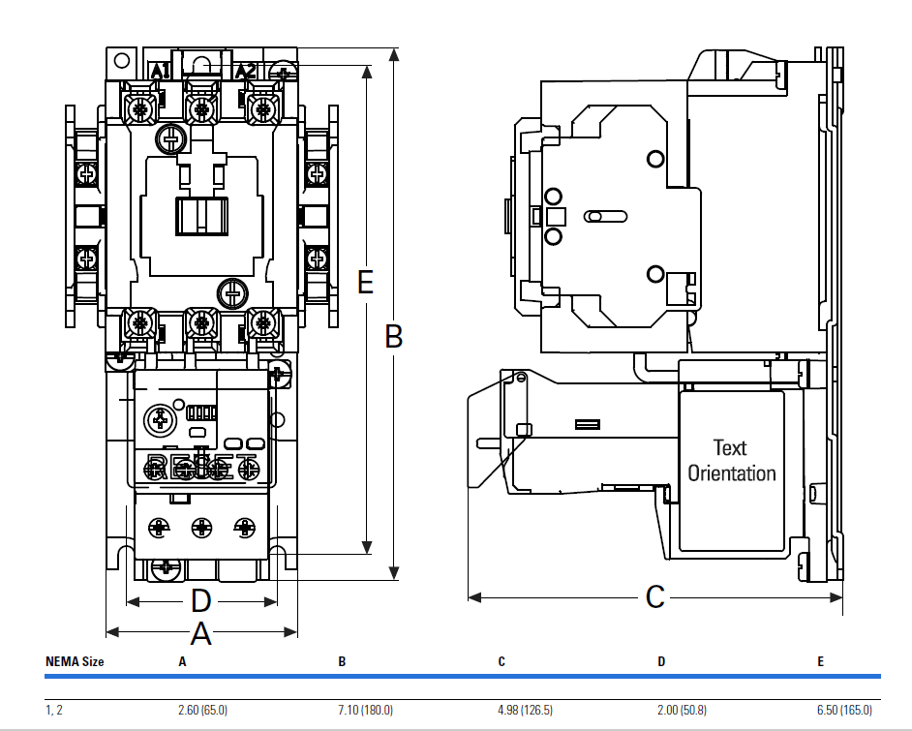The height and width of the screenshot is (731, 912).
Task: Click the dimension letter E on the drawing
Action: click(x=365, y=282)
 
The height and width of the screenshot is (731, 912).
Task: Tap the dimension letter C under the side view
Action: click(x=655, y=596)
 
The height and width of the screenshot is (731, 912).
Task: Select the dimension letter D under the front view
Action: click(x=199, y=601)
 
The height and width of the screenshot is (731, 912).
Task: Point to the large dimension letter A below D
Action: click(x=200, y=634)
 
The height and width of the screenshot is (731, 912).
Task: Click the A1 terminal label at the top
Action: click(x=161, y=71)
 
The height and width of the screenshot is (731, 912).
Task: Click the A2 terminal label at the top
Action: click(x=246, y=71)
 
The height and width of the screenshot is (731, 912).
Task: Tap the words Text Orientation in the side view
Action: click(x=731, y=461)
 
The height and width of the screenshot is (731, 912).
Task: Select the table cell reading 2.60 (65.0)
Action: click(x=202, y=711)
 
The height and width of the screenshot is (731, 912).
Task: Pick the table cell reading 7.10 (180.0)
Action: click(x=365, y=711)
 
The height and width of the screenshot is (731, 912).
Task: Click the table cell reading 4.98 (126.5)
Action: click(x=525, y=711)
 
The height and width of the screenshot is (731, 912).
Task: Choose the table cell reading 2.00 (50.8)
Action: click(x=684, y=711)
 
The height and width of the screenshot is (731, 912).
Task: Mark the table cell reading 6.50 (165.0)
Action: click(x=844, y=711)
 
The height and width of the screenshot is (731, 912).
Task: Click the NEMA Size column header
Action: click(x=75, y=662)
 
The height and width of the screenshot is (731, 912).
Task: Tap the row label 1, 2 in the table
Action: click(x=54, y=711)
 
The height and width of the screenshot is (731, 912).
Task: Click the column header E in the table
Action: click(x=820, y=662)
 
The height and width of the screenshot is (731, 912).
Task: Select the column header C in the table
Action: click(x=502, y=662)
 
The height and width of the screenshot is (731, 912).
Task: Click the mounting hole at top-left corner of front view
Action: click(x=121, y=60)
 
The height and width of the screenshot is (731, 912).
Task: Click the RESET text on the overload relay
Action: click(x=201, y=464)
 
